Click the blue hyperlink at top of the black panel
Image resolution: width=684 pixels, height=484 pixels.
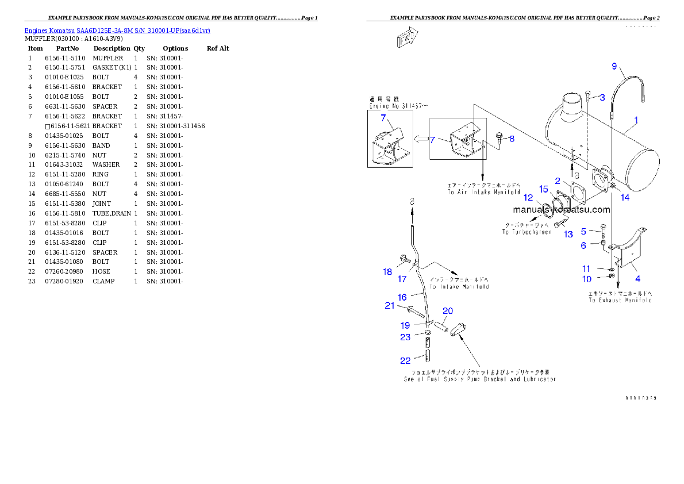pyautogui.click(x=117, y=30)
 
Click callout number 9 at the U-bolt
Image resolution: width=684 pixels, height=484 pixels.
pyautogui.click(x=614, y=67)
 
